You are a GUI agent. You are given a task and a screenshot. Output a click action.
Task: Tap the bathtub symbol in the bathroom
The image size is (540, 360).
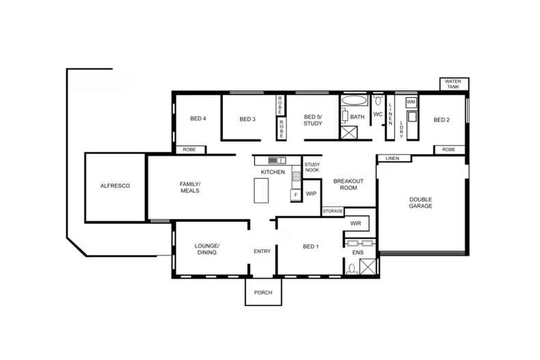pyautogui.click(x=353, y=100)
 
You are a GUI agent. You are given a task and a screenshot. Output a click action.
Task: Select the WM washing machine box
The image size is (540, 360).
pyautogui.click(x=411, y=102)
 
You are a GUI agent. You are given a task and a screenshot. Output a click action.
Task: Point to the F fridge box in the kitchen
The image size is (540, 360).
pyautogui.click(x=295, y=195)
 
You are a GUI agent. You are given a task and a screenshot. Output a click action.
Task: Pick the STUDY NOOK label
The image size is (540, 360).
pyautogui.click(x=312, y=167)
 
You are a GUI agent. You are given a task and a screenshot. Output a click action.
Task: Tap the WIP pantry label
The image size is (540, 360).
pyautogui.click(x=311, y=194)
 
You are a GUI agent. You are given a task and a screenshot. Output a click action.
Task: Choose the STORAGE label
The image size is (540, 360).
pyautogui.click(x=333, y=211)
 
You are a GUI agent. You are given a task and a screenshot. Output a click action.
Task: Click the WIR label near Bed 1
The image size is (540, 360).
pyautogui.click(x=355, y=223)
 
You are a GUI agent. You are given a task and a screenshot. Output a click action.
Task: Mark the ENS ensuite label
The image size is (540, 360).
pyautogui.click(x=357, y=253)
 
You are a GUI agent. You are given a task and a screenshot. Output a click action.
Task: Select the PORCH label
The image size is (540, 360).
pyautogui.click(x=263, y=292)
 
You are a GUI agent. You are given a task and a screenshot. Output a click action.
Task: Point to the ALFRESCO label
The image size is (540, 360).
pyautogui.click(x=115, y=186)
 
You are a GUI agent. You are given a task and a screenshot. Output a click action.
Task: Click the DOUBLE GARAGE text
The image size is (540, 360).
pyautogui.click(x=420, y=202)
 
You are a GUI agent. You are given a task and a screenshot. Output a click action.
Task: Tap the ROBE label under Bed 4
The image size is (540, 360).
pyautogui.click(x=189, y=150)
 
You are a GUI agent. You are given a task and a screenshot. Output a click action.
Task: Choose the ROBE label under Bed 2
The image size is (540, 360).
pyautogui.click(x=448, y=150)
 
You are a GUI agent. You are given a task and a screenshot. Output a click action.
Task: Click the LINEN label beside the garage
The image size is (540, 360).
pyautogui.click(x=392, y=158)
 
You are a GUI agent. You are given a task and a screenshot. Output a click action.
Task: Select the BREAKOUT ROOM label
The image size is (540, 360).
pyautogui.click(x=347, y=185)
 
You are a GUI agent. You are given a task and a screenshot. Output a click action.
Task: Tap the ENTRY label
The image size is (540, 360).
pyautogui.click(x=262, y=251)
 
